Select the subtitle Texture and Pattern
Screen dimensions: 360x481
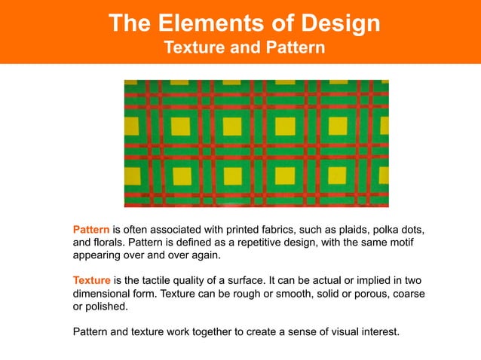[x=244, y=48]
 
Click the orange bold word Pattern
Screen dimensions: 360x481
[x=91, y=229]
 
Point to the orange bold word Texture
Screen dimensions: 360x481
[x=92, y=280]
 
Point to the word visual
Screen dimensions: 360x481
[x=329, y=331]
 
